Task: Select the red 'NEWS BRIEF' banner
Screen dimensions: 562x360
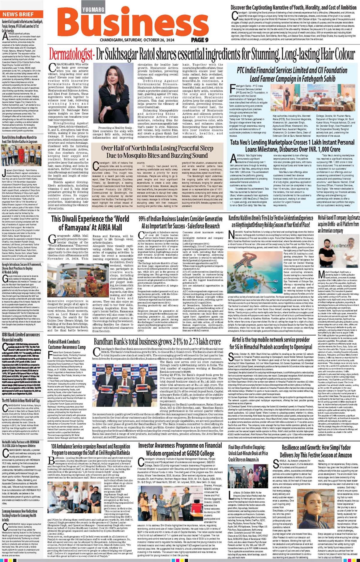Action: [x=18, y=14]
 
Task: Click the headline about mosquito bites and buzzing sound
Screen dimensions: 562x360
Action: [x=157, y=152]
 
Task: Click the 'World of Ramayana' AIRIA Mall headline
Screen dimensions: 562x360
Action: [x=90, y=223]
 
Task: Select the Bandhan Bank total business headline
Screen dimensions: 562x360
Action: [x=157, y=342]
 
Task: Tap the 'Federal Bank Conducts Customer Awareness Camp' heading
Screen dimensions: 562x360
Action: [x=67, y=344]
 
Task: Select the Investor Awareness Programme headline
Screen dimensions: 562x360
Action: [x=180, y=449]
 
